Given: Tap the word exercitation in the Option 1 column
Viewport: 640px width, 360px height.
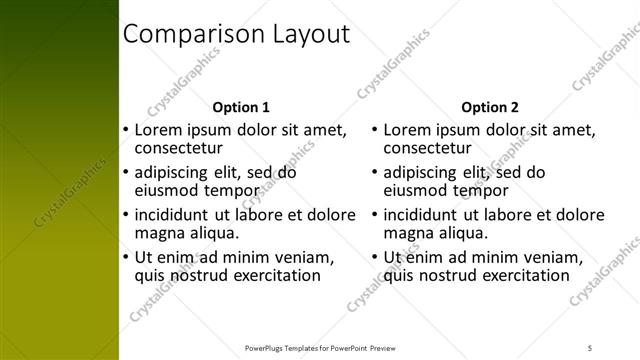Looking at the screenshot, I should pyautogui.click(x=272, y=275).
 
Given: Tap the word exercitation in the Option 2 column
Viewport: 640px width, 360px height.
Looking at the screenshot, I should pyautogui.click(x=521, y=275).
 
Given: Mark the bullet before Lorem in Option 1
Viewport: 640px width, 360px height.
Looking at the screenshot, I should pyautogui.click(x=125, y=130).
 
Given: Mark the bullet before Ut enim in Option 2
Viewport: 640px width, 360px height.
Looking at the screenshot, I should pyautogui.click(x=374, y=257).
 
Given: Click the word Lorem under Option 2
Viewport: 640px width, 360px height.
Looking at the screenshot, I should pyautogui.click(x=407, y=130).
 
